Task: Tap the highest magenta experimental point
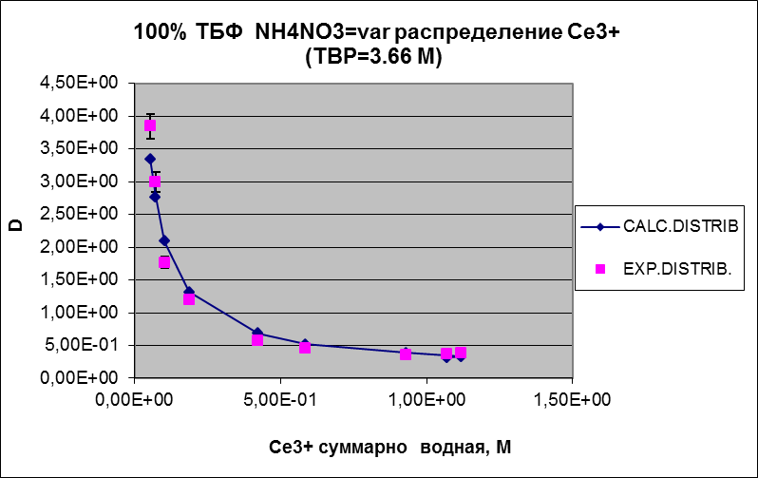[x=149, y=125]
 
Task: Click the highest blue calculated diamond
[x=149, y=159]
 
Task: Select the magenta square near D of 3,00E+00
[x=155, y=182]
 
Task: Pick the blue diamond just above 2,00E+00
[x=164, y=240]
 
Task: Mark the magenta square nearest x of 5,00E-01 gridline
[x=305, y=348]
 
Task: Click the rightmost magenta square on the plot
[x=461, y=353]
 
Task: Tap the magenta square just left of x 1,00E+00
[x=406, y=354]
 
